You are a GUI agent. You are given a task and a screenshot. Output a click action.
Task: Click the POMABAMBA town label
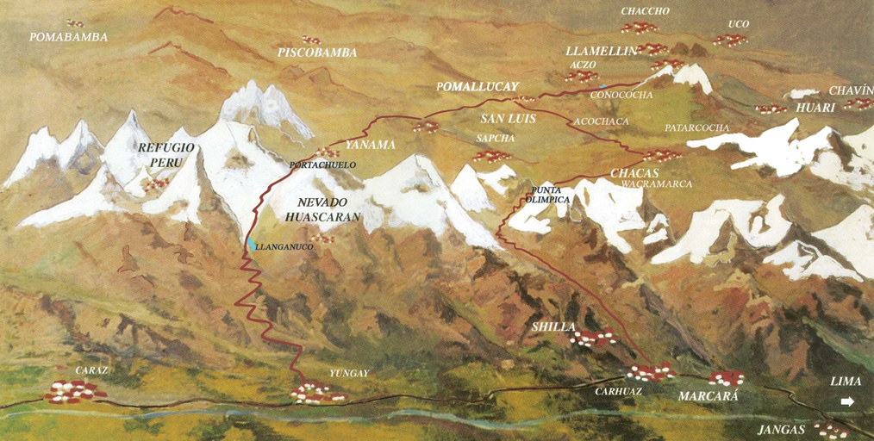tap(68, 37)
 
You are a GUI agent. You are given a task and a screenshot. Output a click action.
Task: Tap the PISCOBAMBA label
tap(317, 53)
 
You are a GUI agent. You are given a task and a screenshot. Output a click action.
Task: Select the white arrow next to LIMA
tap(847, 401)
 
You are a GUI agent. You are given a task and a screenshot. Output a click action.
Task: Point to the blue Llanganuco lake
tap(250, 245)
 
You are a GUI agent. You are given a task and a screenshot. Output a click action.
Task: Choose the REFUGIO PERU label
tap(166, 155)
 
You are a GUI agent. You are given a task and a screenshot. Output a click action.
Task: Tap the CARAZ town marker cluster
tap(74, 391)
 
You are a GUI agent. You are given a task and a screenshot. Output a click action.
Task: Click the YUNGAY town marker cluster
tap(317, 393)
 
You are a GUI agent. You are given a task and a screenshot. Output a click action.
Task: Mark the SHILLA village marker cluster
tap(593, 338)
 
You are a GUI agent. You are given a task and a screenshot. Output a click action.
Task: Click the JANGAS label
tap(781, 429)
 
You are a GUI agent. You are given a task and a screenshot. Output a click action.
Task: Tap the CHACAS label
tap(634, 173)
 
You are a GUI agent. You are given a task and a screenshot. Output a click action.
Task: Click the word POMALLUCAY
tap(478, 87)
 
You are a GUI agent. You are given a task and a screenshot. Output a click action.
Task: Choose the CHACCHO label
tap(645, 11)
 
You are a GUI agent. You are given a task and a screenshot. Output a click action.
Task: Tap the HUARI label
tap(815, 108)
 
